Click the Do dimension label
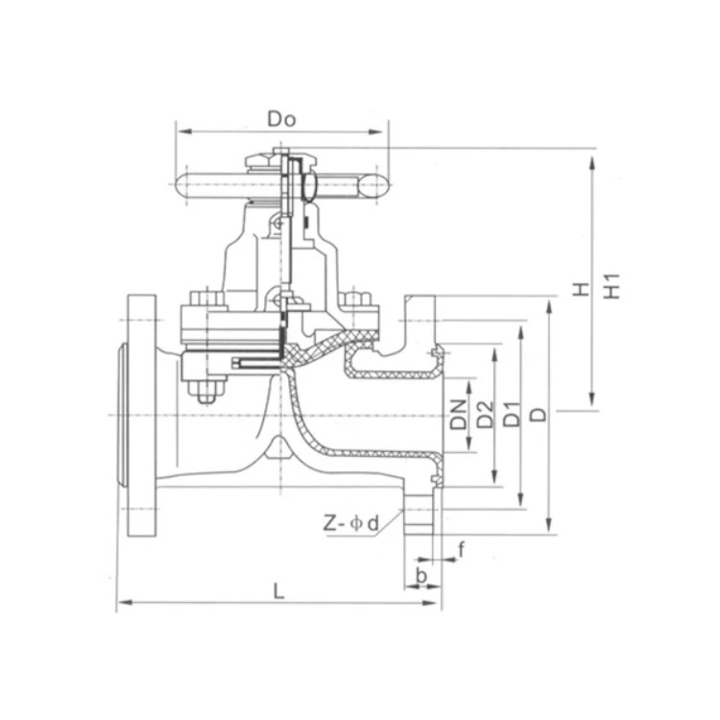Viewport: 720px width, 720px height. click(x=282, y=119)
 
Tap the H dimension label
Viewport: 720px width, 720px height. click(x=581, y=290)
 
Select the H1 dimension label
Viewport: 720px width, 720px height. click(x=612, y=286)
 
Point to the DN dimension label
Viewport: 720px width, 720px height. click(x=458, y=415)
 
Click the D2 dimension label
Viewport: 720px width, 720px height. click(x=485, y=415)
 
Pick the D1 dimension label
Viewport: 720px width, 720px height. click(x=512, y=414)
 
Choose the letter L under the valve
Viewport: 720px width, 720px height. click(x=278, y=591)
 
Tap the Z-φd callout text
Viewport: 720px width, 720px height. click(x=351, y=523)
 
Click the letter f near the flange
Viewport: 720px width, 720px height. click(x=462, y=549)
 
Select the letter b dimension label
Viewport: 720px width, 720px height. click(x=421, y=575)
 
